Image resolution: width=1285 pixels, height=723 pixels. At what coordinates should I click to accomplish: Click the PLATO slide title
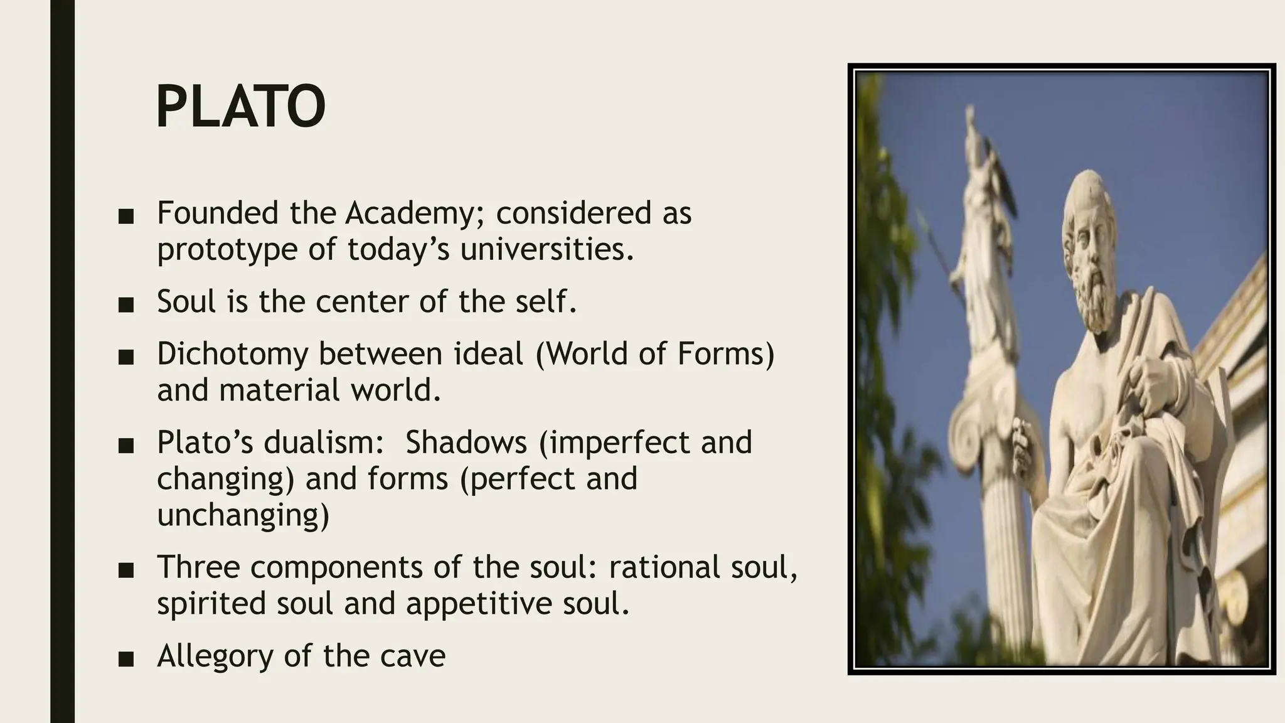point(240,107)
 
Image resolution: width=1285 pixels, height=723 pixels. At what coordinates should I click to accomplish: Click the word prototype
point(227,250)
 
